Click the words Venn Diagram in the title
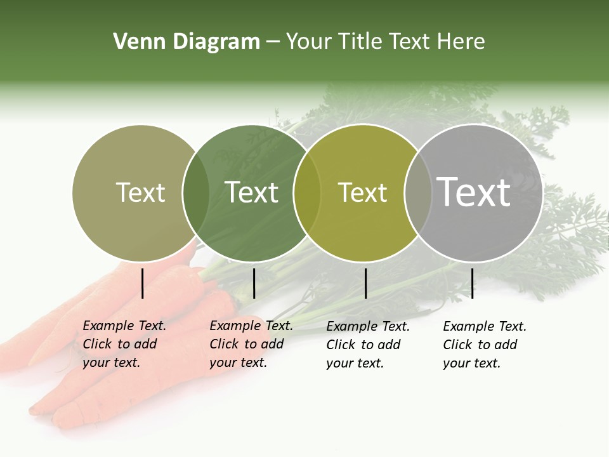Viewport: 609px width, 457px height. click(187, 42)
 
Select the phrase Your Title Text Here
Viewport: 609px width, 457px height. click(385, 42)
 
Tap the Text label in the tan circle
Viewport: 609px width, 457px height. click(140, 192)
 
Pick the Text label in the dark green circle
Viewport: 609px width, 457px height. click(251, 192)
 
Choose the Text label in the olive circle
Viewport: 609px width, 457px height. click(362, 192)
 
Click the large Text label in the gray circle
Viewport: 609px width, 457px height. click(473, 192)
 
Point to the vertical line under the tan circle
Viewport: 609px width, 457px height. click(142, 283)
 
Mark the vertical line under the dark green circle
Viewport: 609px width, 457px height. click(254, 283)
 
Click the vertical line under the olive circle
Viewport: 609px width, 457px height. click(365, 283)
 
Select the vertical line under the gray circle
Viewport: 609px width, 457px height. click(472, 283)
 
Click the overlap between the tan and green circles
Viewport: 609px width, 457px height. click(195, 192)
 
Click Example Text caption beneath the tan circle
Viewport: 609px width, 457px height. click(124, 326)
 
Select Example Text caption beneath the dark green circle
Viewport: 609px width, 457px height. click(251, 326)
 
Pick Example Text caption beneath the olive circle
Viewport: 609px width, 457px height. click(368, 326)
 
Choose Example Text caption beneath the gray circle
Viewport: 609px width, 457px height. click(485, 326)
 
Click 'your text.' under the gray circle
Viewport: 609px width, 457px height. click(471, 363)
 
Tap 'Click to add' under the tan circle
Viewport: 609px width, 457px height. click(119, 344)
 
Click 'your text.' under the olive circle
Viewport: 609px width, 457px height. click(355, 363)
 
